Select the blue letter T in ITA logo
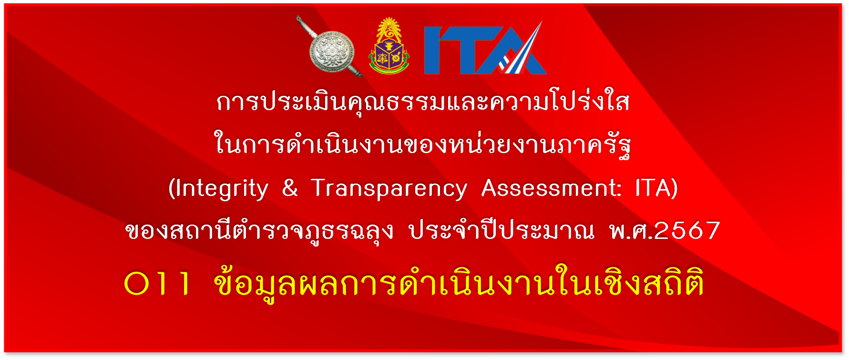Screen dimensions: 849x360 coord(470,50)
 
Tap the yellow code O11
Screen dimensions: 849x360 coord(157,284)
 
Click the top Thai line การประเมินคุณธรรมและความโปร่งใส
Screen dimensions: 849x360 coord(423,101)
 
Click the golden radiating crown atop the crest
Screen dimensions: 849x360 coord(389,27)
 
